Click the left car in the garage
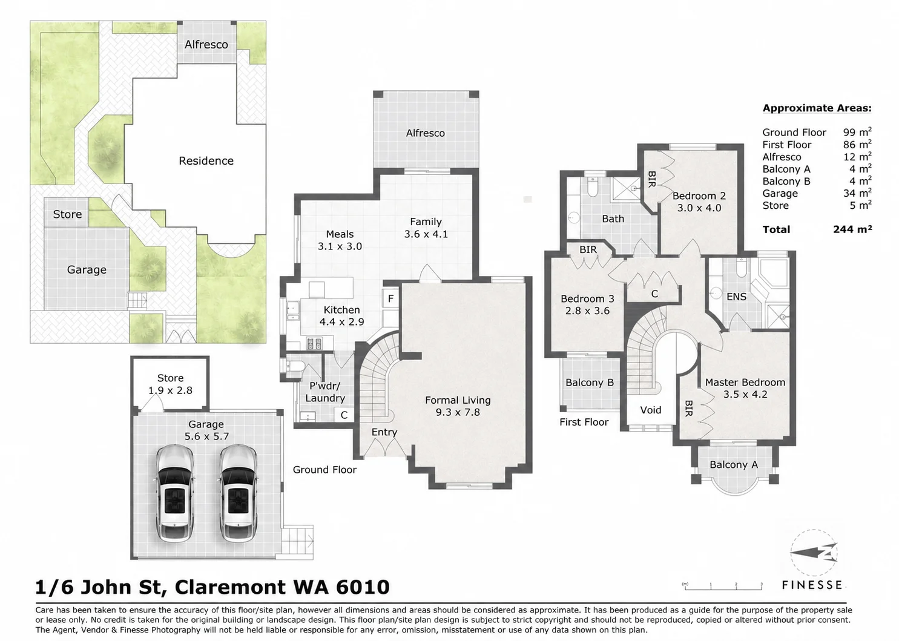coord(174,493)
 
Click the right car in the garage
coord(239,493)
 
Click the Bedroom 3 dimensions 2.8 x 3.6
coord(587,311)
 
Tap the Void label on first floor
coord(651,410)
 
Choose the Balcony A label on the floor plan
coord(734,464)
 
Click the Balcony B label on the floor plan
coord(590,383)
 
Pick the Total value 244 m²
coord(852,229)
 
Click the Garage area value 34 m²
coord(857,193)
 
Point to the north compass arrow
coord(814,554)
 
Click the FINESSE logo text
coord(812,585)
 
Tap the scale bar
coord(723,587)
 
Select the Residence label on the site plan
coord(206,161)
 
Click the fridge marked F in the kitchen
coord(390,298)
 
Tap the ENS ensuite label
coord(737,297)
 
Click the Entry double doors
coord(385,447)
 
